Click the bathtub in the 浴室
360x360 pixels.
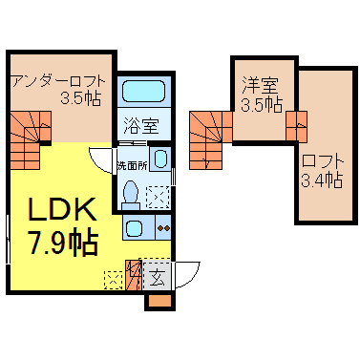click(143, 91)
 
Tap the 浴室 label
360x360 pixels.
click(141, 125)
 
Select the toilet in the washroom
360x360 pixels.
click(131, 195)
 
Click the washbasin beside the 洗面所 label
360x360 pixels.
click(160, 159)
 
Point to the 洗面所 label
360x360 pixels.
click(132, 166)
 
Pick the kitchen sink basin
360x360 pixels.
click(134, 227)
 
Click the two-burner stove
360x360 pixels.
click(163, 227)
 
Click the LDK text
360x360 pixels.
click(63, 209)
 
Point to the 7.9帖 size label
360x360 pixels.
click(63, 242)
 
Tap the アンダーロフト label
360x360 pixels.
click(58, 82)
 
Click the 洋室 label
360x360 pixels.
click(260, 85)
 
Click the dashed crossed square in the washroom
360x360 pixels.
click(158, 198)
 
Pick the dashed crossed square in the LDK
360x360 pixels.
click(114, 280)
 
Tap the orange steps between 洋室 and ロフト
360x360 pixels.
click(297, 126)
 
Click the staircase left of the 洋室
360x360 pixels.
click(211, 140)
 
